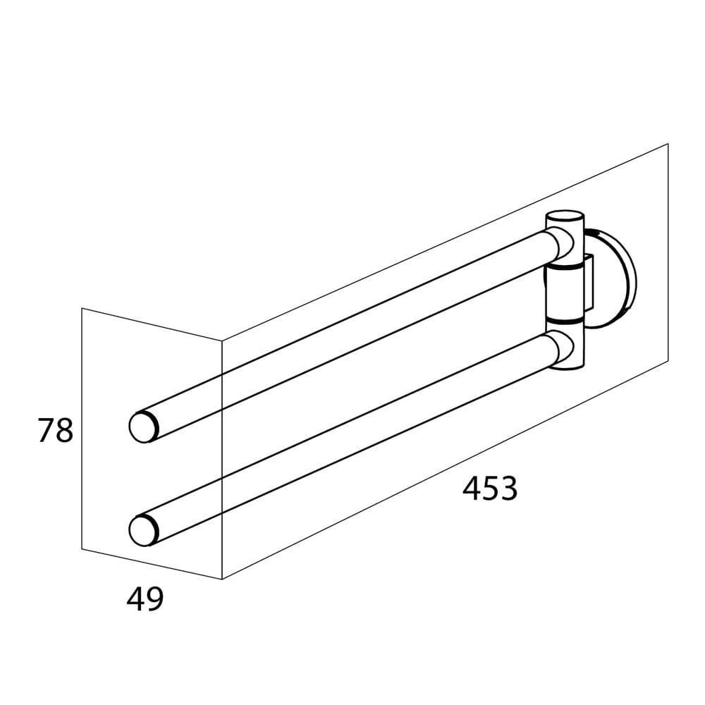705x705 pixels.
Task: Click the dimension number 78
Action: pyautogui.click(x=55, y=430)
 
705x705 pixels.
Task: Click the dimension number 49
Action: pyautogui.click(x=145, y=599)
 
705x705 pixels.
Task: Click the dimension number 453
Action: pyautogui.click(x=490, y=489)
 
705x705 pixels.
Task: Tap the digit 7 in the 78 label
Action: pyautogui.click(x=45, y=430)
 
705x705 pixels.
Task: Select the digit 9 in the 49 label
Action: pyautogui.click(x=154, y=599)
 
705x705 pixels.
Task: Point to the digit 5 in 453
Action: pyautogui.click(x=491, y=489)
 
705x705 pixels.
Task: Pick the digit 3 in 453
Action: pyautogui.click(x=509, y=489)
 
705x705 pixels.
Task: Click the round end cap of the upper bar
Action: pyautogui.click(x=143, y=427)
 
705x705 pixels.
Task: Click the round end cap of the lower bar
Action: pyautogui.click(x=143, y=531)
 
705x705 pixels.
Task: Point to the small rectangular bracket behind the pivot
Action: pyautogui.click(x=589, y=283)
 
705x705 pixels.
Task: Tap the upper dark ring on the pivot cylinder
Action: pyautogui.click(x=564, y=267)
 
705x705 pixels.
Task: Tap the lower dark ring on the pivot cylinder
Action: pyautogui.click(x=564, y=320)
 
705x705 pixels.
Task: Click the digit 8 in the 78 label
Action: pyautogui.click(x=64, y=430)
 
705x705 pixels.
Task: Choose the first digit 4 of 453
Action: pyautogui.click(x=471, y=489)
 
